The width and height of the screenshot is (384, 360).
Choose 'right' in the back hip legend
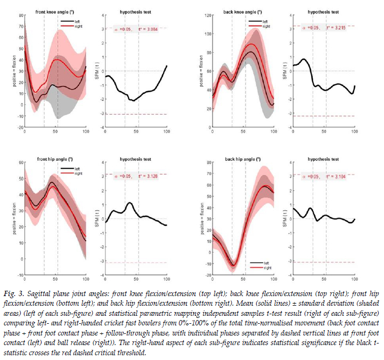(265, 267)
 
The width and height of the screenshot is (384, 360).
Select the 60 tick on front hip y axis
(21, 162)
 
